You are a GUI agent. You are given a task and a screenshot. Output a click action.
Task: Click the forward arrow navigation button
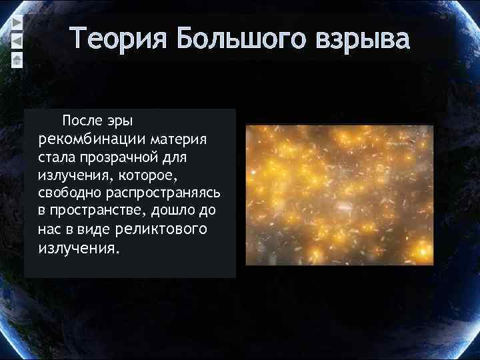point(17,22)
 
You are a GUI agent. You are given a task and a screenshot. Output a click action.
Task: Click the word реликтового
point(161,229)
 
